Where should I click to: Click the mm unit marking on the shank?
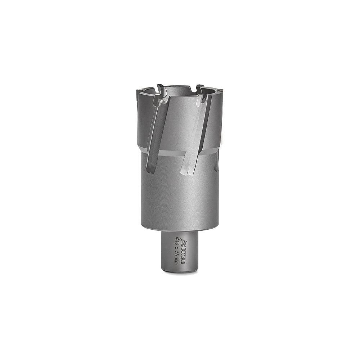tap(176, 262)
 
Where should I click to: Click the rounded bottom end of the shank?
tap(180, 270)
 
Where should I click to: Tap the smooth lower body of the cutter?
tap(180, 198)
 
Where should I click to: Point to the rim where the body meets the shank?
tap(180, 230)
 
